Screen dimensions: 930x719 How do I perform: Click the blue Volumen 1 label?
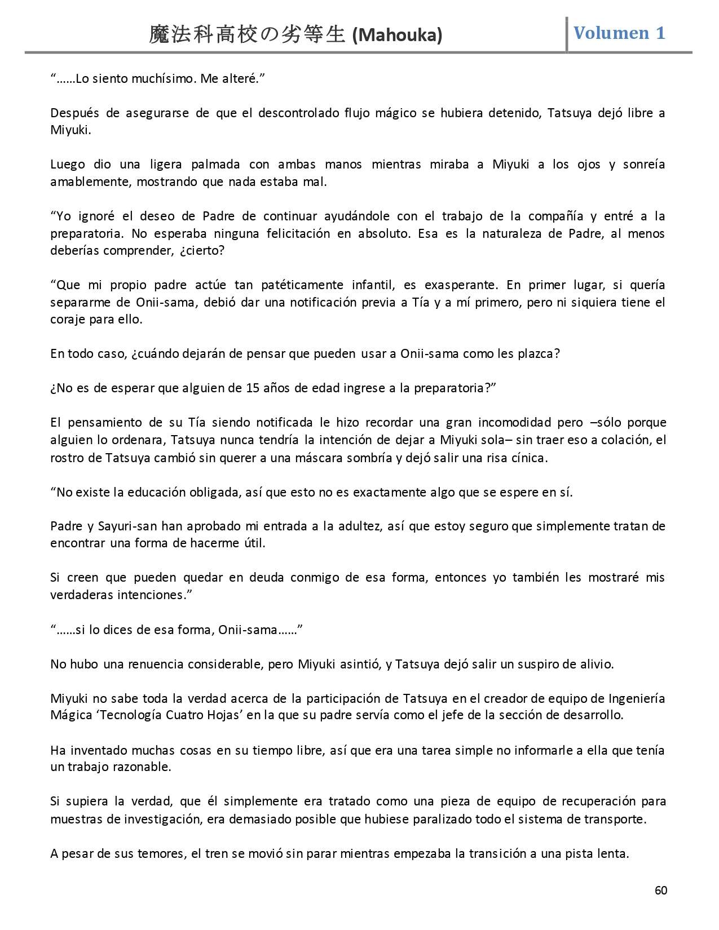click(x=619, y=33)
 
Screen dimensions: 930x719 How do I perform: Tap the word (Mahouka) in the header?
click(x=397, y=36)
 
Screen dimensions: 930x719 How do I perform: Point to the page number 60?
click(x=661, y=890)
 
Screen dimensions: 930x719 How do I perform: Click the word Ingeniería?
click(x=637, y=698)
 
